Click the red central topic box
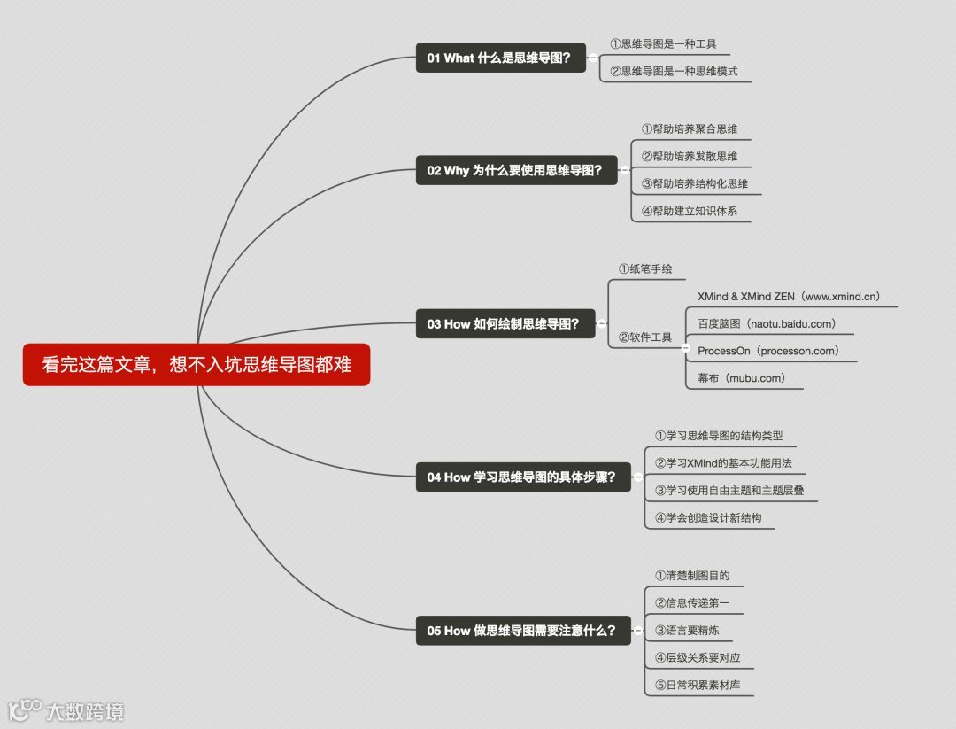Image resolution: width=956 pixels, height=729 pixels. [x=196, y=365]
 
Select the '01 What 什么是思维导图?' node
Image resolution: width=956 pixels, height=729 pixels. [x=501, y=58]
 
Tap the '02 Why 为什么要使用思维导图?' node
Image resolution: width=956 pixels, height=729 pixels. [x=516, y=170]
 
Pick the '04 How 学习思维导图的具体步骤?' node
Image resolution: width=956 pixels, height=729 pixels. [x=523, y=477]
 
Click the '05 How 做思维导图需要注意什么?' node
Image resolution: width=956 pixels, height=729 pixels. [x=523, y=631]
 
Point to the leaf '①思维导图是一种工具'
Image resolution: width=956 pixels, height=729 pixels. [x=663, y=43]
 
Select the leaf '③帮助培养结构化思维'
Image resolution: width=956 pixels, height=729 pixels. [x=695, y=183]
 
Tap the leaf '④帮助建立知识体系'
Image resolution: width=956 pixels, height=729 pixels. [x=690, y=211]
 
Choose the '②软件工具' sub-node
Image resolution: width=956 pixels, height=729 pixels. [x=644, y=337]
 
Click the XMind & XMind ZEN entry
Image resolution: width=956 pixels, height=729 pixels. [x=788, y=297]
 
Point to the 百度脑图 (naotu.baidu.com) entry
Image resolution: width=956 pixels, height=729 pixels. [x=767, y=324]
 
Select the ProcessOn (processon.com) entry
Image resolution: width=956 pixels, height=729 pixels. [x=767, y=351]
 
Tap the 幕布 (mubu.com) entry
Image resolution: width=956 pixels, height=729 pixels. [x=741, y=378]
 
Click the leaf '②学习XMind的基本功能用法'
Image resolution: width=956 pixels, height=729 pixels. [x=723, y=463]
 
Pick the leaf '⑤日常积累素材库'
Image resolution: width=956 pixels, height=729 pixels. [x=698, y=685]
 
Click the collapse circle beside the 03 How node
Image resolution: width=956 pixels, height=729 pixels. [x=602, y=324]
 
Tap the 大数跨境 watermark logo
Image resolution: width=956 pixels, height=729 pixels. [x=66, y=710]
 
